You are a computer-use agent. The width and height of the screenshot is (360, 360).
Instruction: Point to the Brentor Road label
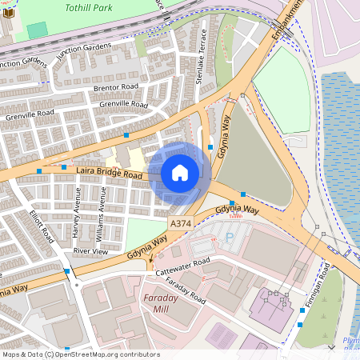point(116,86)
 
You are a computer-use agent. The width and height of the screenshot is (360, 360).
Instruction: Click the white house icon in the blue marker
point(180,173)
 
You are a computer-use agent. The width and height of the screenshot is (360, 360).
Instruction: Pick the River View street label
point(90,251)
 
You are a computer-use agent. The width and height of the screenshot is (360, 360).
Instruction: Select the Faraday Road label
point(185,294)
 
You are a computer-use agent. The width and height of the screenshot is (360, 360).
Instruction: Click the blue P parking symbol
point(230,238)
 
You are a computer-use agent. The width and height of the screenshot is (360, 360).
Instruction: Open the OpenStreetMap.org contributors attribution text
point(104,354)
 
